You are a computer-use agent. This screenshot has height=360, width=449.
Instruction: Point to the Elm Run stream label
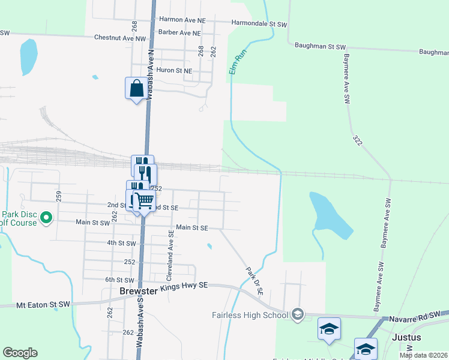238,62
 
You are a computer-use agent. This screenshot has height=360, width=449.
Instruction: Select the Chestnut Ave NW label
120,37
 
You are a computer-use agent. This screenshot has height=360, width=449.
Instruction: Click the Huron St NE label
174,70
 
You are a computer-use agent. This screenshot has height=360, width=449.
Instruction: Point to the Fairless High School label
250,315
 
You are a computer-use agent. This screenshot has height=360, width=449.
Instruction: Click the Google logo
20,353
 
